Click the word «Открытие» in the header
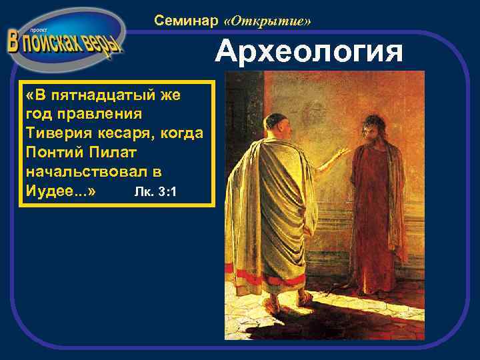[268, 21]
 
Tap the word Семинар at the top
[186, 21]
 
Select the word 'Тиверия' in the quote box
[53, 133]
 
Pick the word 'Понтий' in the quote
[51, 152]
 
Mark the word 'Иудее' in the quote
[52, 191]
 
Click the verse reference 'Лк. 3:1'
[155, 192]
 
